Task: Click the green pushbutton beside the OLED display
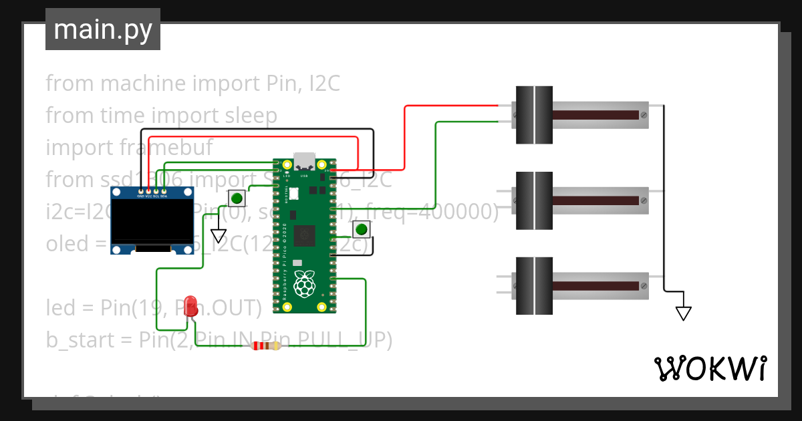pos(237,198)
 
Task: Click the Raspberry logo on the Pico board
pos(305,284)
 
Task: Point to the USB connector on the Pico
pos(305,161)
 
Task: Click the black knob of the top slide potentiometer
pos(534,115)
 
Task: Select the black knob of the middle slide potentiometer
pos(534,200)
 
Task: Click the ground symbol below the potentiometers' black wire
pos(683,313)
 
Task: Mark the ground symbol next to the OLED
pos(219,235)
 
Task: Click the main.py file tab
pos(103,29)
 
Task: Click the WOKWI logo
pos(710,368)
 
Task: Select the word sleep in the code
pos(249,116)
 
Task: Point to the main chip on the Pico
pos(306,235)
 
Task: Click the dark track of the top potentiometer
pos(595,115)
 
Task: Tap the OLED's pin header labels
pos(152,196)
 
